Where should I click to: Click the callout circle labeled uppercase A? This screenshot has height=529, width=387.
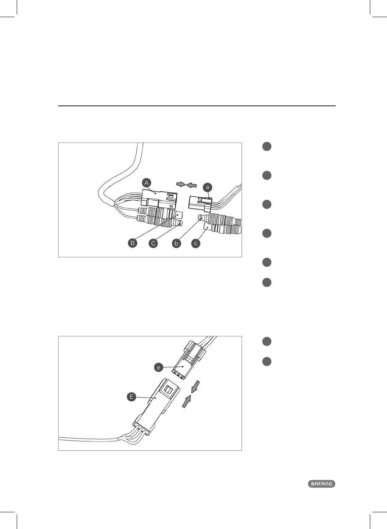pyautogui.click(x=147, y=183)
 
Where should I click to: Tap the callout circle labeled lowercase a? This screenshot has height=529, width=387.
pyautogui.click(x=208, y=187)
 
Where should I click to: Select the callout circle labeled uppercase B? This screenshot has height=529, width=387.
pyautogui.click(x=132, y=244)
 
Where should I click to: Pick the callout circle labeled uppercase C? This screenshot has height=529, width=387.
pyautogui.click(x=153, y=244)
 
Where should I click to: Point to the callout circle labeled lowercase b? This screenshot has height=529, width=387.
pyautogui.click(x=176, y=244)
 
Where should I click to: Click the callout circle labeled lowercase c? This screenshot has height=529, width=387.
pyautogui.click(x=196, y=244)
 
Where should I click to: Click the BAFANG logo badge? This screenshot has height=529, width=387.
pyautogui.click(x=321, y=484)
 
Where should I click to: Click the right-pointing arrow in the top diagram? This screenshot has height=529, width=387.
pyautogui.click(x=180, y=184)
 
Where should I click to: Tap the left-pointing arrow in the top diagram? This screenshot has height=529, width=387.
pyautogui.click(x=191, y=185)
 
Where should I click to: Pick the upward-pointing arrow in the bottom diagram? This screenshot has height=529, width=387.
pyautogui.click(x=186, y=402)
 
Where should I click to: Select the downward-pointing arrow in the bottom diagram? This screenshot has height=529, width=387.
pyautogui.click(x=196, y=386)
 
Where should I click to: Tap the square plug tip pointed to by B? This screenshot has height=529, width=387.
pyautogui.click(x=180, y=214)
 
